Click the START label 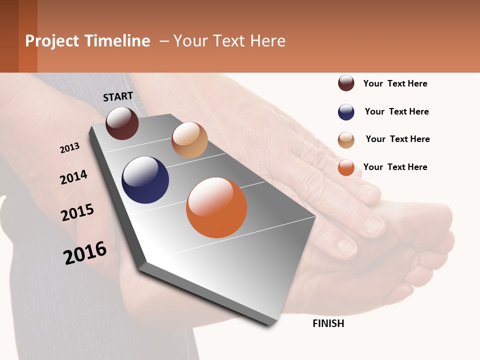click(x=118, y=96)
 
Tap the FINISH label click(x=328, y=323)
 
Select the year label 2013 click(x=69, y=147)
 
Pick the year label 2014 click(x=73, y=177)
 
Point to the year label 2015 click(x=77, y=212)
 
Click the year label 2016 click(x=85, y=252)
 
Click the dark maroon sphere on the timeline click(x=122, y=123)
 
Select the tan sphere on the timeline click(x=189, y=140)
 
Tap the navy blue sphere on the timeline click(x=145, y=180)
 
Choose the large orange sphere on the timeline click(x=216, y=207)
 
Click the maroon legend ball click(x=346, y=83)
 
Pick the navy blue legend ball click(x=346, y=112)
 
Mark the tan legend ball click(x=346, y=140)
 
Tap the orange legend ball click(x=346, y=167)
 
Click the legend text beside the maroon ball click(x=395, y=83)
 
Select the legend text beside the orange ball click(x=395, y=167)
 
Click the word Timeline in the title click(x=117, y=41)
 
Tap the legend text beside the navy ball click(x=396, y=111)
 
